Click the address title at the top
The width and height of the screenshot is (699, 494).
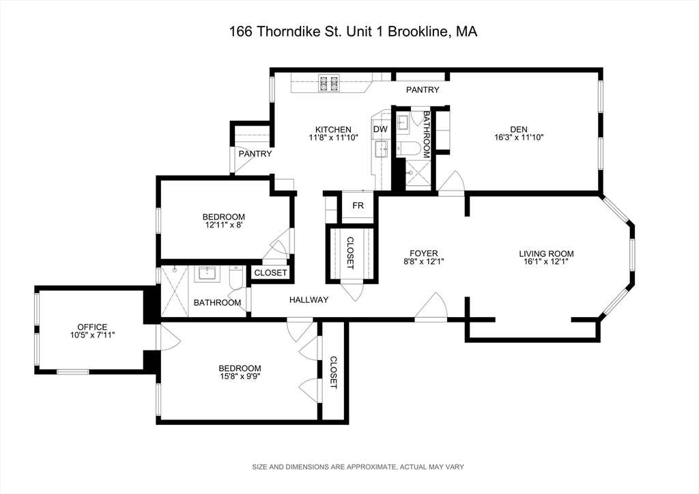pyautogui.click(x=349, y=31)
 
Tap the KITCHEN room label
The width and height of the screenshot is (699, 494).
pyautogui.click(x=333, y=130)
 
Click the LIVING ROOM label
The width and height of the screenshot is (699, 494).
pyautogui.click(x=546, y=254)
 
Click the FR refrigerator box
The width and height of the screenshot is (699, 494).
pyautogui.click(x=358, y=206)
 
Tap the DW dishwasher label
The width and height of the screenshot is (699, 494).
pyautogui.click(x=380, y=129)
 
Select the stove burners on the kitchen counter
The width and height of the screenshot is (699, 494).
pyautogui.click(x=328, y=83)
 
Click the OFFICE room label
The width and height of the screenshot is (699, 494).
pyautogui.click(x=91, y=327)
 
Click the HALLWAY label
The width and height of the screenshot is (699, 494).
pyautogui.click(x=309, y=300)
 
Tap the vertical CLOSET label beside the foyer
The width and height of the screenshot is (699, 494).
pyautogui.click(x=350, y=253)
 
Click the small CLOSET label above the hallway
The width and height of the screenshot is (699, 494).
pyautogui.click(x=270, y=273)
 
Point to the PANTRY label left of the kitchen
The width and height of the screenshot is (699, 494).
pyautogui.click(x=255, y=154)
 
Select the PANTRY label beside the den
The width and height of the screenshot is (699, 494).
pyautogui.click(x=423, y=90)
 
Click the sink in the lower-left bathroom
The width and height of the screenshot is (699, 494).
pyautogui.click(x=206, y=275)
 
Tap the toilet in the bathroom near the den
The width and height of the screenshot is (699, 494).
pyautogui.click(x=412, y=148)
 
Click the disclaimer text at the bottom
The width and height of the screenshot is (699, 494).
pyautogui.click(x=349, y=467)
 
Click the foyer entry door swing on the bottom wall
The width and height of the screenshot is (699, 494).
pyautogui.click(x=432, y=308)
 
